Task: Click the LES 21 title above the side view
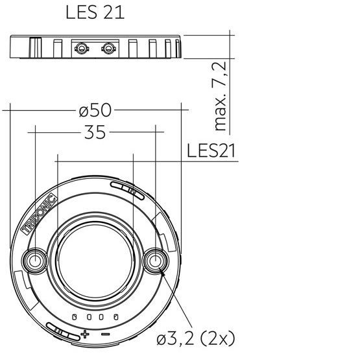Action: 95,12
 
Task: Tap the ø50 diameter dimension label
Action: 95,110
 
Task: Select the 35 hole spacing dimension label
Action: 95,132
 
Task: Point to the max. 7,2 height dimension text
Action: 219,96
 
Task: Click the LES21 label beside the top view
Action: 211,150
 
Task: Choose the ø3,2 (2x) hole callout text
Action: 196,338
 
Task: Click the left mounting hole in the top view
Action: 35,261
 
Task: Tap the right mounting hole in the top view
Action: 156,261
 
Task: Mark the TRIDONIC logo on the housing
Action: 39,214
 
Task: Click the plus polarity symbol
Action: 85,334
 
